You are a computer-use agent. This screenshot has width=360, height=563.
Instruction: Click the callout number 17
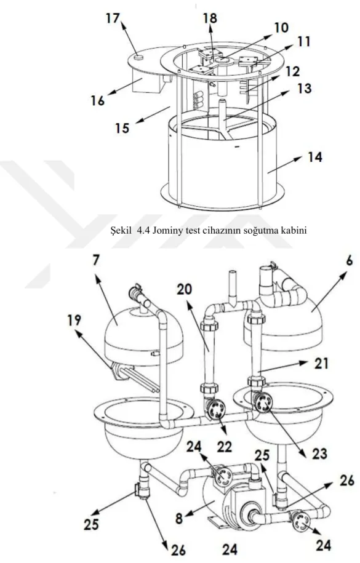point(113,18)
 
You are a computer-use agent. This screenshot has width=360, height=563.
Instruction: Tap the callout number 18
point(210,18)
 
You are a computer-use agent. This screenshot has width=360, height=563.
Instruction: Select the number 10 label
point(281,27)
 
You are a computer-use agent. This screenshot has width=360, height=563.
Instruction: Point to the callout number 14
point(314,158)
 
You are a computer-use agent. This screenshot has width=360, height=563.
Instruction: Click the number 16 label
point(97,100)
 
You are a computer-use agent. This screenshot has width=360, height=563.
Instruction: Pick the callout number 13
point(304,88)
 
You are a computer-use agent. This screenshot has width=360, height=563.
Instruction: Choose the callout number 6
point(350,262)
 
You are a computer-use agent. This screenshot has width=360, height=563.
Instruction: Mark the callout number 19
point(74,320)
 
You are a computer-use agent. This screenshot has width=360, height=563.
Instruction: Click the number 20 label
point(185,289)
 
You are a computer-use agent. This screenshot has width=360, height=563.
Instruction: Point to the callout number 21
point(321,363)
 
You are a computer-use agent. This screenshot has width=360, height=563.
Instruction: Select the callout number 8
point(179,517)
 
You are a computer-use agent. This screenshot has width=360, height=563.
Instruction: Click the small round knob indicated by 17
point(138,57)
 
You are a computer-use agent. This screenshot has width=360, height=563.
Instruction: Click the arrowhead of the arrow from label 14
point(301,159)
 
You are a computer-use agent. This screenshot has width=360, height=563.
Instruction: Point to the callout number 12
point(293,71)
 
